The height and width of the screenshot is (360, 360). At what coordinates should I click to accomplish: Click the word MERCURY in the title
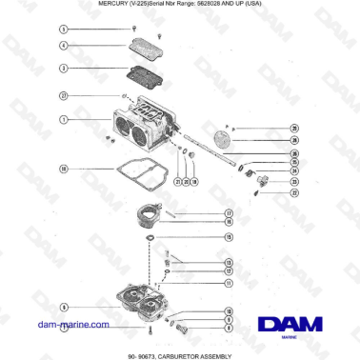pos(115,5)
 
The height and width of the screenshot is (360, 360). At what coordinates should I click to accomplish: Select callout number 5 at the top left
pos(63,31)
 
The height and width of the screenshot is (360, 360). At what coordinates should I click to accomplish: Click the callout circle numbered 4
pos(63,45)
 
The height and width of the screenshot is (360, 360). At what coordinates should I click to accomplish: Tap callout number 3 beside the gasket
pos(63,69)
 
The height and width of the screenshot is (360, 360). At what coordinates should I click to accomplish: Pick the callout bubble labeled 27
pos(63,96)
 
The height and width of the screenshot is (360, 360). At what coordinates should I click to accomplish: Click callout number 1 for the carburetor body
pos(63,120)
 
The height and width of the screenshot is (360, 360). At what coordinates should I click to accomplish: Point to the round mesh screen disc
pos(226,139)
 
